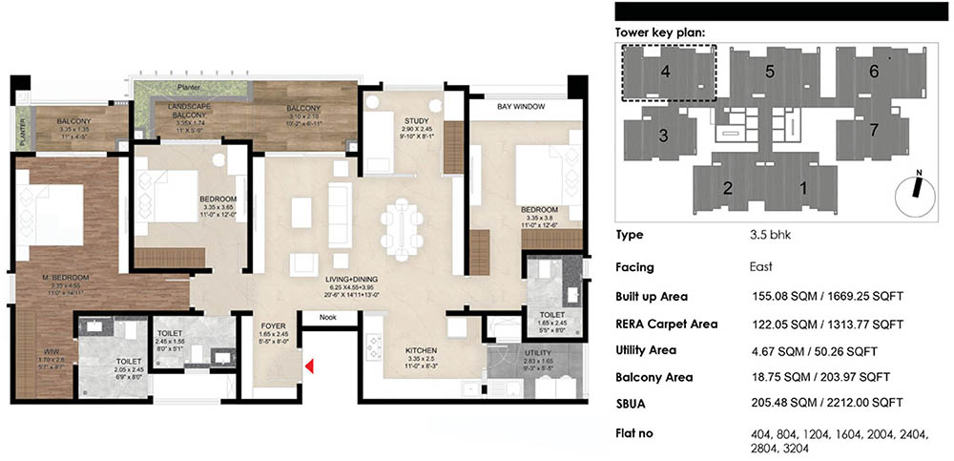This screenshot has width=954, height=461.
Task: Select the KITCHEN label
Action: pos(420,349)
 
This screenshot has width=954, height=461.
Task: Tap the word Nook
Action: pos(329,317)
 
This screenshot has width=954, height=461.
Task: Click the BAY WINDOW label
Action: pos(520,107)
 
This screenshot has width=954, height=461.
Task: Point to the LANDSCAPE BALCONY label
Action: pos(191,109)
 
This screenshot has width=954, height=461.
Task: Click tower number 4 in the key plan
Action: pos(666,71)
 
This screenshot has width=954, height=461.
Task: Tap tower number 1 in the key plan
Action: pos(802,188)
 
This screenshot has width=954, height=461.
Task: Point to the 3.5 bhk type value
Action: pos(770,235)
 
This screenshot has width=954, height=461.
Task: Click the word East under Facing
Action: pos(763,269)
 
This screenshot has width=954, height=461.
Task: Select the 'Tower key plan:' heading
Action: pos(660,32)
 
